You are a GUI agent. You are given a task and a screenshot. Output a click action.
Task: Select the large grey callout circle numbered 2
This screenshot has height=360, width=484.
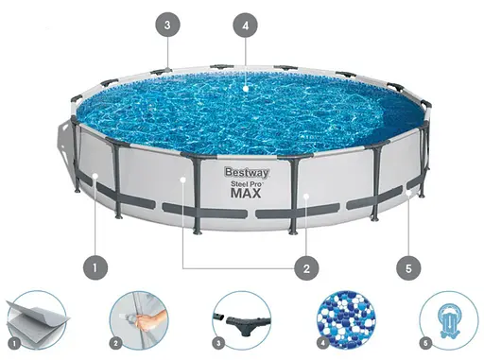(305, 268)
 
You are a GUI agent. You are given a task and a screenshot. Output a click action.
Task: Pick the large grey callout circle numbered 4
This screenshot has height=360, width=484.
(246, 26)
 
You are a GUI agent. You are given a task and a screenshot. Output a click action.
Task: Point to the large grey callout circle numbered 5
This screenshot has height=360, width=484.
(408, 268)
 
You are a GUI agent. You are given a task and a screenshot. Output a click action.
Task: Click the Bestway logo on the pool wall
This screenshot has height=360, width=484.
(243, 172)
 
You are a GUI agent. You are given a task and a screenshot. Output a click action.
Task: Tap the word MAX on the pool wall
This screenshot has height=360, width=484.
(245, 194)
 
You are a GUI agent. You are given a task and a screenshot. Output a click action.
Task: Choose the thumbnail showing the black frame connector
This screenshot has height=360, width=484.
(240, 318)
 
